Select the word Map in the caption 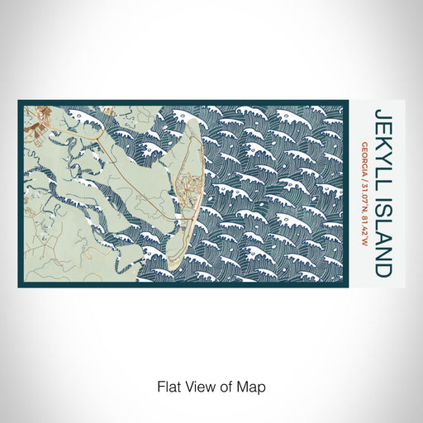coord(254,386)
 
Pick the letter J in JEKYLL coord(383,113)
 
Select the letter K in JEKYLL coord(383,135)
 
